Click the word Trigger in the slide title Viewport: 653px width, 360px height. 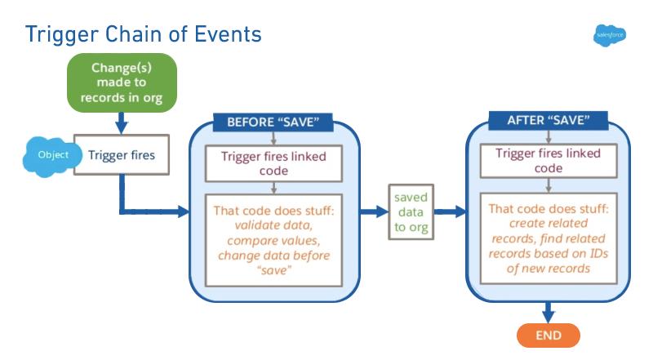pyautogui.click(x=63, y=34)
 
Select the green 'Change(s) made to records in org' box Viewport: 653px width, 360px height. pyautogui.click(x=122, y=82)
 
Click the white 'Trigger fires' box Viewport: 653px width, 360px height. pyautogui.click(x=122, y=154)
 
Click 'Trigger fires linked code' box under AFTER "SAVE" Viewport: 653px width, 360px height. pyautogui.click(x=549, y=161)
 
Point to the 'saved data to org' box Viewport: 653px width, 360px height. pyautogui.click(x=411, y=211)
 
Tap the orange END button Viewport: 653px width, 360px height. pyautogui.click(x=548, y=336)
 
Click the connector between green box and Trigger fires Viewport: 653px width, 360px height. pyautogui.click(x=122, y=122)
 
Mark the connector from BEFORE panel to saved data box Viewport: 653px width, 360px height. pyautogui.click(x=374, y=211)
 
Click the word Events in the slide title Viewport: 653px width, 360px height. pyautogui.click(x=221, y=34)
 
